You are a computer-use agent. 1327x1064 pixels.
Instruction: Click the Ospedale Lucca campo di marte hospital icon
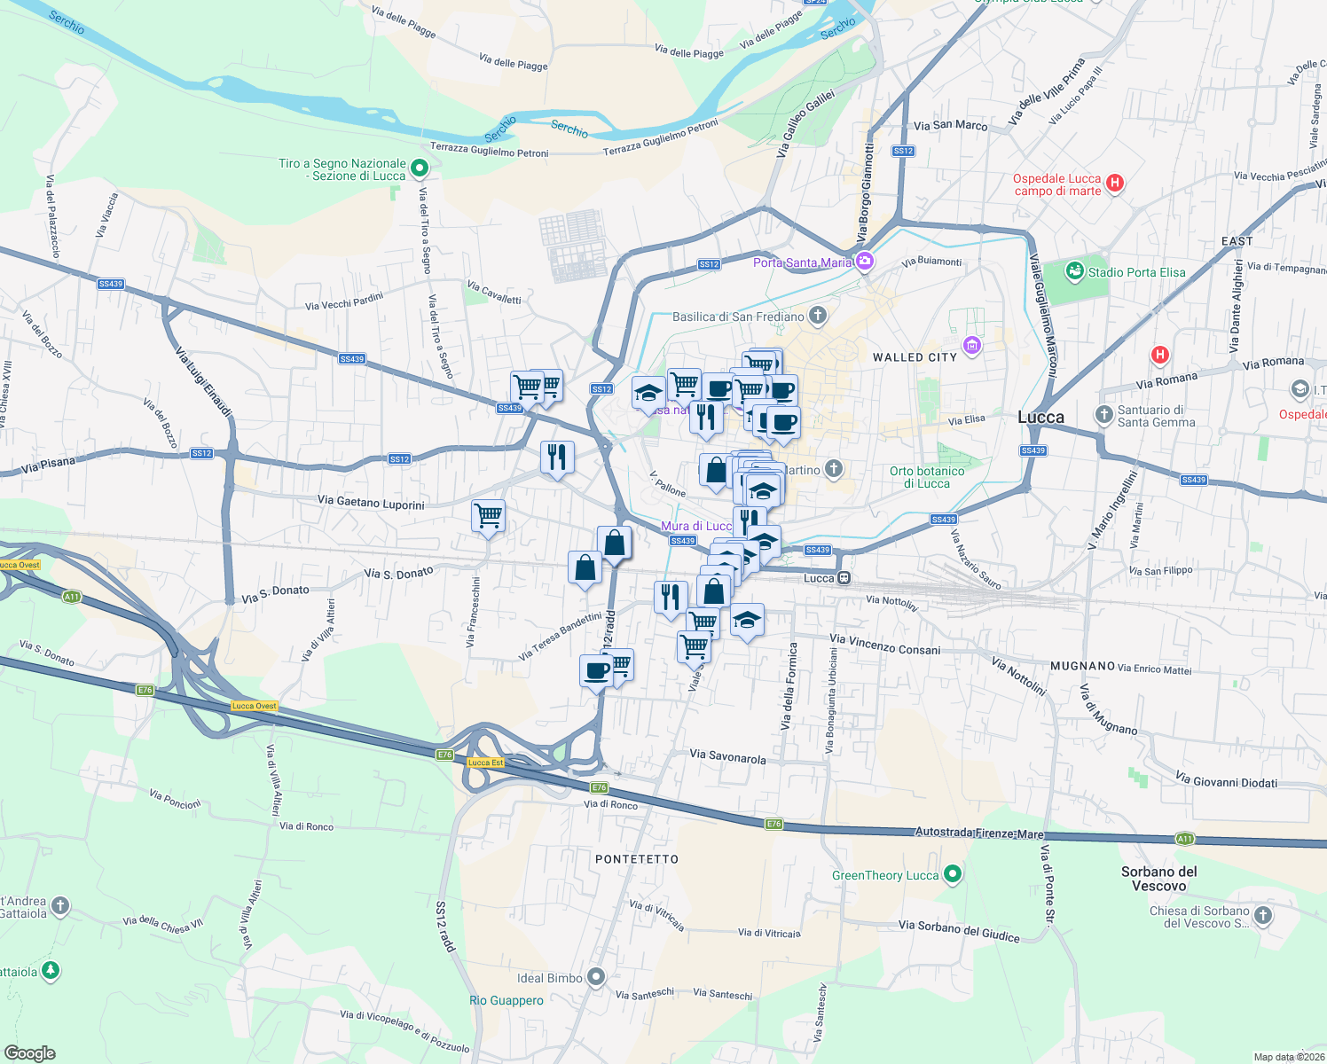click(1115, 184)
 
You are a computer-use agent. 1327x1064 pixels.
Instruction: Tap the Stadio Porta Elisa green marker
click(1075, 270)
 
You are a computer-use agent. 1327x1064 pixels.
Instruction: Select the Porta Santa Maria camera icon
click(865, 262)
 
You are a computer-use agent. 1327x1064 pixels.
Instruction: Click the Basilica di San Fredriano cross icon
click(818, 316)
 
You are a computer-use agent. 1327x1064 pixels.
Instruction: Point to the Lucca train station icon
click(844, 578)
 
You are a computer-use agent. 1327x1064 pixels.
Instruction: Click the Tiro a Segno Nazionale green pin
click(420, 167)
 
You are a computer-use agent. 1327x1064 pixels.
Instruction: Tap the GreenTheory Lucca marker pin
click(953, 874)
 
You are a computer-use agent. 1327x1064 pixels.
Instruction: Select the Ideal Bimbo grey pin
click(596, 977)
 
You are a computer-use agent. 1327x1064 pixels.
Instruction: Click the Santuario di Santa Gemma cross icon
click(1104, 414)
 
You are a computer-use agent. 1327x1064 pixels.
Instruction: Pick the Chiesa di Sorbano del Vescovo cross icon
click(1263, 915)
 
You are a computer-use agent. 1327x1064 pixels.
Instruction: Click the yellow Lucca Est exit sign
click(485, 763)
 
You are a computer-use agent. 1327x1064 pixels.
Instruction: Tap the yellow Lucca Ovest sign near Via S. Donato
click(255, 706)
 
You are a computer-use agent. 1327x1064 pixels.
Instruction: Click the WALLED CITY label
click(915, 357)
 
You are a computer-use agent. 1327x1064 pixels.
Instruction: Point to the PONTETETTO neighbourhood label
click(637, 859)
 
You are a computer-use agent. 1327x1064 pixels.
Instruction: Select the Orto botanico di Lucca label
click(927, 477)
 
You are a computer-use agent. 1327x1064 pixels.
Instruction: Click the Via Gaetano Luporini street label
click(371, 502)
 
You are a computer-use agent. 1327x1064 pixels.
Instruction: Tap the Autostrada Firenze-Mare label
click(979, 833)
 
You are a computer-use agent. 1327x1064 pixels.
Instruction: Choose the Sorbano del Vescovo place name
click(1158, 879)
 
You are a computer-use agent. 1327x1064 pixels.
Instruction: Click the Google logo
click(29, 1052)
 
